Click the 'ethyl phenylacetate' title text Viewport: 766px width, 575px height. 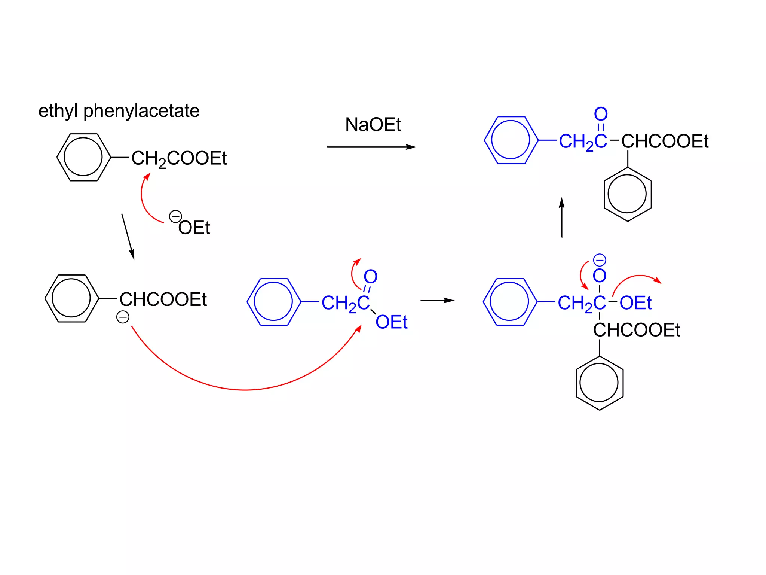(x=119, y=111)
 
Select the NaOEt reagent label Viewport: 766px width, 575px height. (x=373, y=125)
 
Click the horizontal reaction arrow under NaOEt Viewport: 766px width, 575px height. (x=371, y=147)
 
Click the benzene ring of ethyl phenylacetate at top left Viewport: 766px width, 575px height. (x=83, y=157)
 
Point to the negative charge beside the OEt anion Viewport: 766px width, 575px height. (x=175, y=216)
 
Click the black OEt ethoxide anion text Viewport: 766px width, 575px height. (x=194, y=228)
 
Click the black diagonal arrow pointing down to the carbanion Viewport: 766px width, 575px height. (x=128, y=237)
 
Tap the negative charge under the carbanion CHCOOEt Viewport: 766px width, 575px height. (x=123, y=317)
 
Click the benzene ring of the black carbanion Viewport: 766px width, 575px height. (x=71, y=298)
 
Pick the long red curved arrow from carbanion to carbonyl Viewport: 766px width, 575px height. (x=245, y=389)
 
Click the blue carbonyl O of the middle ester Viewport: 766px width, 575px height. (x=370, y=277)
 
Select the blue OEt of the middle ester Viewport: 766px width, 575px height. (x=391, y=322)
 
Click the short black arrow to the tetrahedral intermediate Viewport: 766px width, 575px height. (x=437, y=301)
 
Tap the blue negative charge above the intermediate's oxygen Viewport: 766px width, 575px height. (x=600, y=260)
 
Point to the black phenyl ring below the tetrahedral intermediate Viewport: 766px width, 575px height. (x=599, y=383)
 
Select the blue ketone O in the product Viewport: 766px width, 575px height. (x=601, y=114)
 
